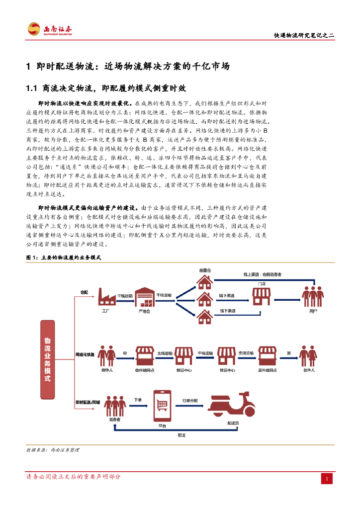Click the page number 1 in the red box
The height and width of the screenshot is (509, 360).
pos(326,478)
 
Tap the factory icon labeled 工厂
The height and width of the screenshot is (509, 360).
pos(105,298)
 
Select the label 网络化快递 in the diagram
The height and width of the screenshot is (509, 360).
pos(85,354)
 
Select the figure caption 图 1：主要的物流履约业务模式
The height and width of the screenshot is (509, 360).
pos(63,258)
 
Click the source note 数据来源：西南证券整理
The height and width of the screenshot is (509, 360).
pos(52,449)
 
